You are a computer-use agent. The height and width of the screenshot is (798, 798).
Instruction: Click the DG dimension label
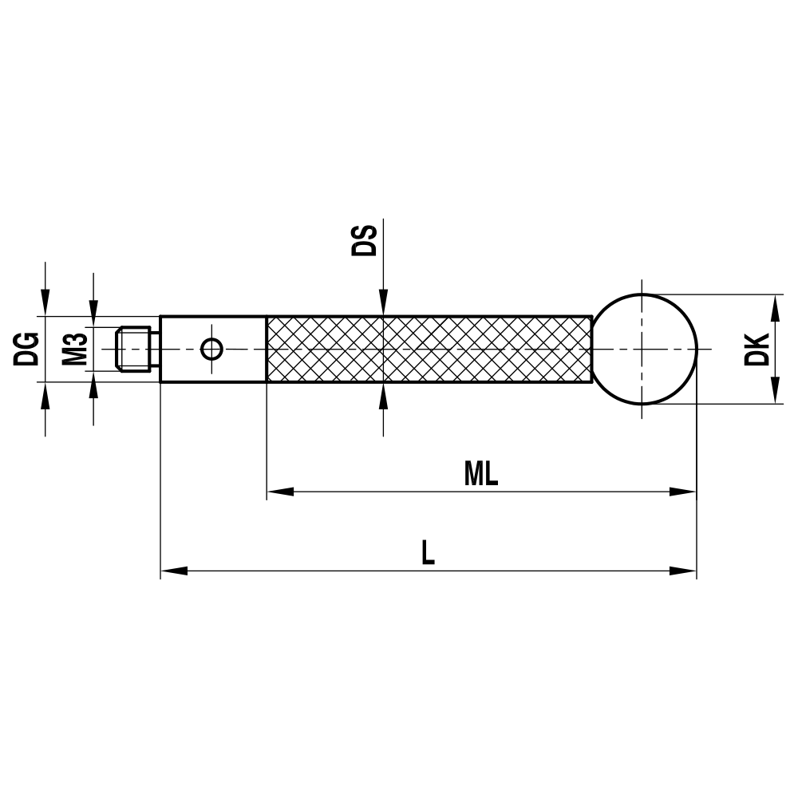[x=26, y=347]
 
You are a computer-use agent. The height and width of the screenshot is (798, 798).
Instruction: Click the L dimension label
[x=429, y=553]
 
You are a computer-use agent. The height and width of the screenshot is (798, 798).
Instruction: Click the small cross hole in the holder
[x=212, y=349]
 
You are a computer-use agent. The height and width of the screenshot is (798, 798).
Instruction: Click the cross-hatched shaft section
[x=429, y=349]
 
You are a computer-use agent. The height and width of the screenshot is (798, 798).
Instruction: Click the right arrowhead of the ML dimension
[x=682, y=492]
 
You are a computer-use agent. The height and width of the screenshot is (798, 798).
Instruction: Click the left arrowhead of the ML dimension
[x=280, y=492]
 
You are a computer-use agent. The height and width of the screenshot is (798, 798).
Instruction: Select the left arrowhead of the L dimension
[x=174, y=571]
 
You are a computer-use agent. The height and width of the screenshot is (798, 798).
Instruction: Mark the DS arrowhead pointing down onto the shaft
[x=383, y=303]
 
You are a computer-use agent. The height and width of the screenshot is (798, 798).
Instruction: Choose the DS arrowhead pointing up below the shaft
[x=383, y=396]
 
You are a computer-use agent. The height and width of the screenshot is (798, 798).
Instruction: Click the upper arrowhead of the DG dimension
[x=45, y=304]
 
